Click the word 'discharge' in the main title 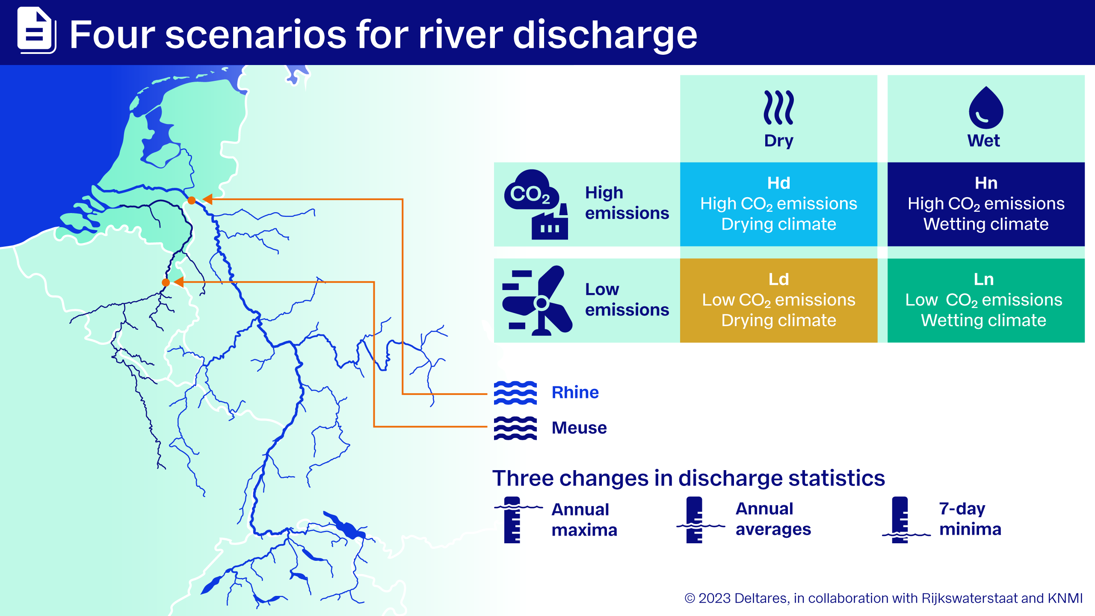(605, 35)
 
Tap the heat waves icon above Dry (778, 107)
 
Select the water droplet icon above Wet (985, 107)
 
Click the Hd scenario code (778, 183)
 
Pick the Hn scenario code (986, 183)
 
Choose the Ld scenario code (778, 279)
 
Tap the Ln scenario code (984, 279)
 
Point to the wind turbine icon (537, 300)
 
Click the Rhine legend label (575, 392)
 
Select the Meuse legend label (579, 428)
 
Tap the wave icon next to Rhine (515, 393)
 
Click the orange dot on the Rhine (192, 200)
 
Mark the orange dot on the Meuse (166, 282)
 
